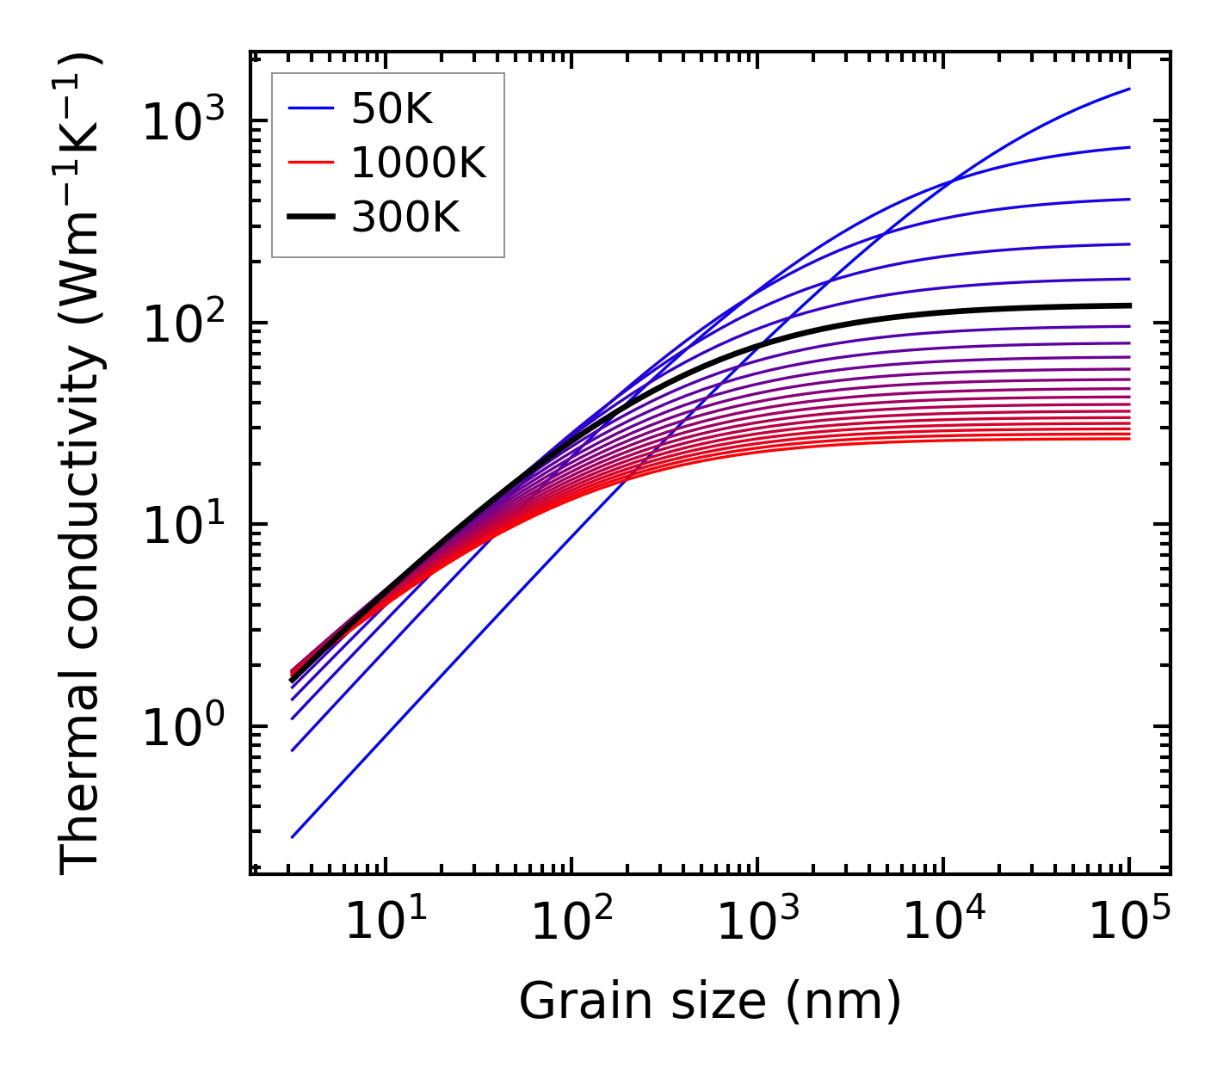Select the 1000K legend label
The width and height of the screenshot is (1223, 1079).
coord(418,163)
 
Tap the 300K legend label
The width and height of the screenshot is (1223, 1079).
coord(405,218)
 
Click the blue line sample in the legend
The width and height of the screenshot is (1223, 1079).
coord(310,108)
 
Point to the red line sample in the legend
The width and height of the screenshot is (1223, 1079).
coord(310,163)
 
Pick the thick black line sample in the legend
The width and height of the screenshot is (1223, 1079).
coord(310,218)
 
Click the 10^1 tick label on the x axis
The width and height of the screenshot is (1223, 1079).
coord(385,923)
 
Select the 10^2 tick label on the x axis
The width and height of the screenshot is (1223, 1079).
coord(571,923)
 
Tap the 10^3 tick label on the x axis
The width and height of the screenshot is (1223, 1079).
coord(757,923)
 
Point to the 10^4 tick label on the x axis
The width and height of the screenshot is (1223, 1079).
coord(943,923)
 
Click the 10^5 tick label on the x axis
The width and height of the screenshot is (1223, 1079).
coord(1129,923)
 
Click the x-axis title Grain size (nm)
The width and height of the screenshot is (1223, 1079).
coord(710,1002)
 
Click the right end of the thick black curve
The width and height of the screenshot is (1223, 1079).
coord(1129,305)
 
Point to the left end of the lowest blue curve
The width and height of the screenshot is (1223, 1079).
coord(293,836)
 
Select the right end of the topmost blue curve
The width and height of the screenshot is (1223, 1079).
coord(1129,89)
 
